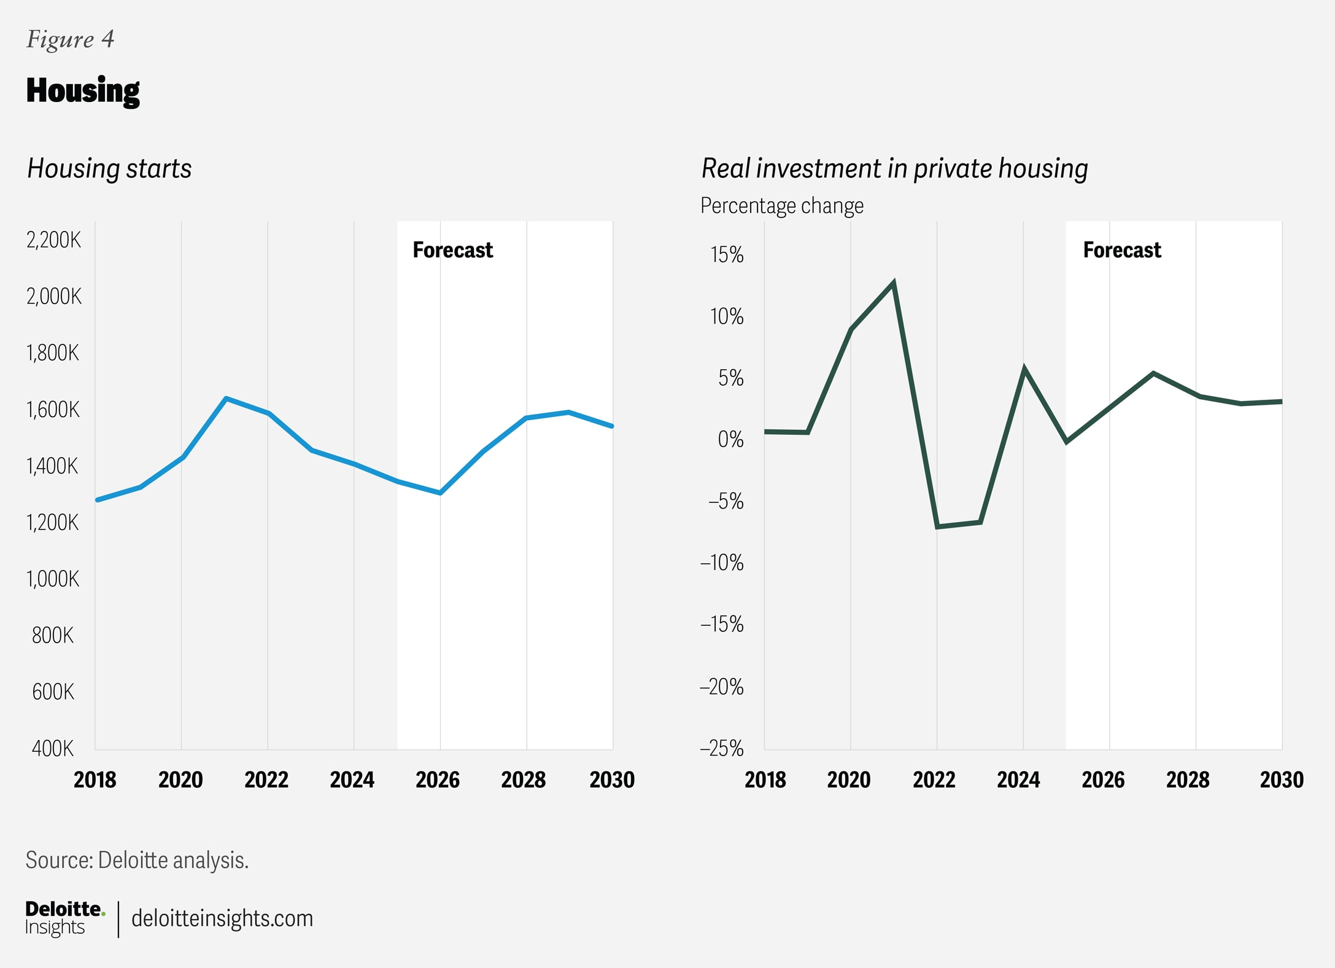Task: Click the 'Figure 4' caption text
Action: (70, 39)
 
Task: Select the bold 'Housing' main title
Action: (83, 90)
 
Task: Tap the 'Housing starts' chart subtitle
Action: (109, 168)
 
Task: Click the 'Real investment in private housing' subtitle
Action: (894, 168)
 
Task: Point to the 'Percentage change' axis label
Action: (781, 205)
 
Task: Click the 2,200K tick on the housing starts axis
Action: (53, 240)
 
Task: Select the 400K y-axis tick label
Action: (53, 748)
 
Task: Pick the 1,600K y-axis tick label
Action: (53, 410)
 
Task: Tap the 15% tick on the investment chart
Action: (727, 254)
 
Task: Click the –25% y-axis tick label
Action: (722, 748)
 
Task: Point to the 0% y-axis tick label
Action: (730, 439)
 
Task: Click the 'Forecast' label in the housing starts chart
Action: (452, 250)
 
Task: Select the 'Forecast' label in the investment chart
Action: (1122, 250)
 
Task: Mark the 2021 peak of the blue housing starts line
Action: (226, 399)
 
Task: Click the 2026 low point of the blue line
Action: (440, 493)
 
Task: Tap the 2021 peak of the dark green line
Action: (894, 283)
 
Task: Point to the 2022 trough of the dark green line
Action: (937, 526)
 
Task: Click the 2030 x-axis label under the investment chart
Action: (1281, 779)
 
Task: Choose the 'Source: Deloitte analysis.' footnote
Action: (137, 860)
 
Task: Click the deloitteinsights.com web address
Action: (222, 918)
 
